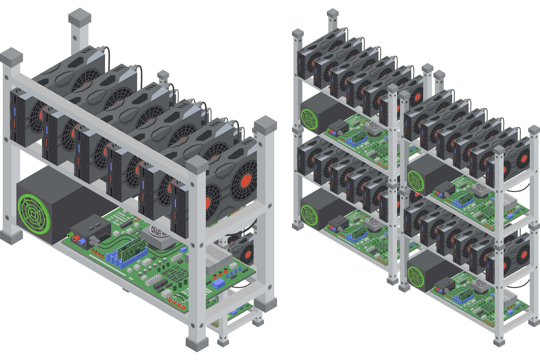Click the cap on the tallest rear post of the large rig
[79, 18]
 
